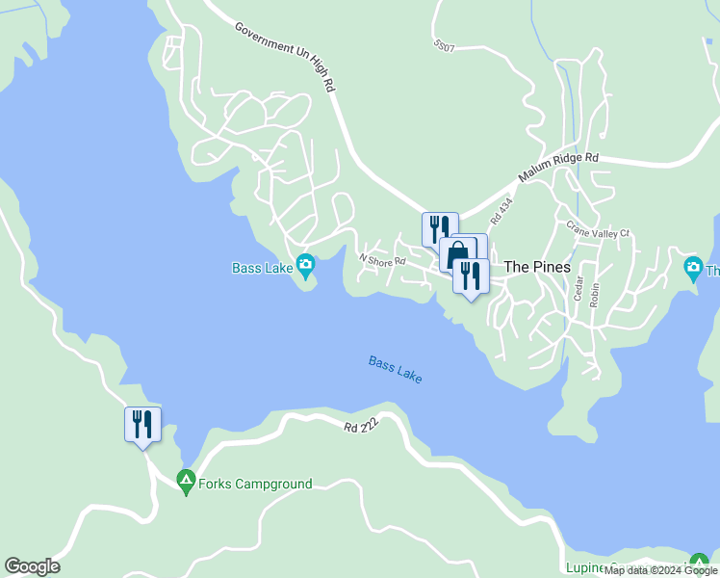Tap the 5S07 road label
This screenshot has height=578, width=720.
click(444, 45)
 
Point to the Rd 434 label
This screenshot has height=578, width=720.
click(501, 211)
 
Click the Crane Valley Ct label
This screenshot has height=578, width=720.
click(597, 231)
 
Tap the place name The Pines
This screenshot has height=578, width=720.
click(537, 267)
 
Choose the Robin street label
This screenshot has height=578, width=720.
click(595, 293)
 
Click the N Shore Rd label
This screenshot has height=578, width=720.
click(382, 259)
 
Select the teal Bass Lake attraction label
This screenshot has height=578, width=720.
click(262, 268)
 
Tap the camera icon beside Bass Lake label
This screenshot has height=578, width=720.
click(305, 264)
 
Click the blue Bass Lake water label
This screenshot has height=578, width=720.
click(395, 369)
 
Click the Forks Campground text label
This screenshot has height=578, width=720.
click(255, 484)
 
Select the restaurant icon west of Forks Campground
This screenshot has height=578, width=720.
click(142, 424)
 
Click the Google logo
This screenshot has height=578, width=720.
click(32, 566)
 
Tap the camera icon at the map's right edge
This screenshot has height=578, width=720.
click(692, 267)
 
